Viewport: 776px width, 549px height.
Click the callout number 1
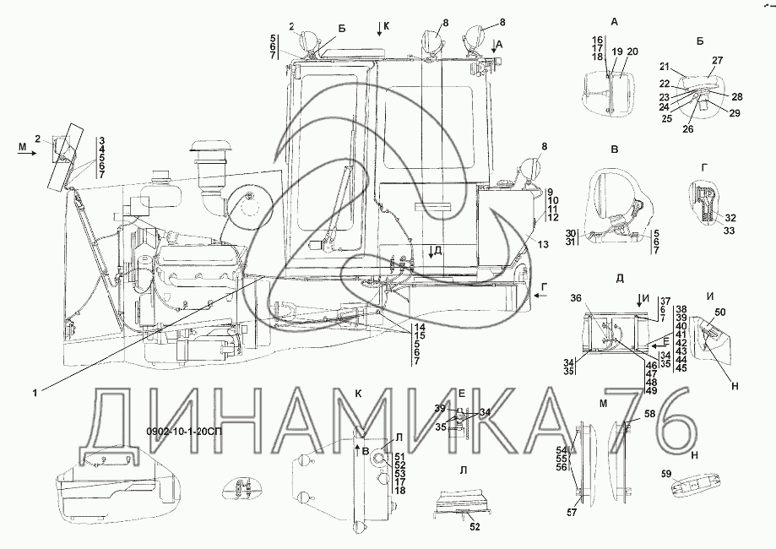[x=35, y=393]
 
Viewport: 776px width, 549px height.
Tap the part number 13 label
[x=543, y=245]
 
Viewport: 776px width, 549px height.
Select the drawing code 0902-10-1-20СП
[x=184, y=432]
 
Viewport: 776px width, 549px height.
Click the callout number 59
[x=666, y=474]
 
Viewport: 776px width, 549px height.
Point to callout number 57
[x=573, y=513]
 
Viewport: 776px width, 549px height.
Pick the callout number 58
[x=649, y=413]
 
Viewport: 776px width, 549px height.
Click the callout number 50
[x=720, y=312]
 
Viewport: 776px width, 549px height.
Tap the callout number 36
[x=590, y=298]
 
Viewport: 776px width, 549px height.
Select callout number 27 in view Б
[x=717, y=61]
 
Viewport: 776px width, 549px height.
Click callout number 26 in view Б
[x=688, y=129]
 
